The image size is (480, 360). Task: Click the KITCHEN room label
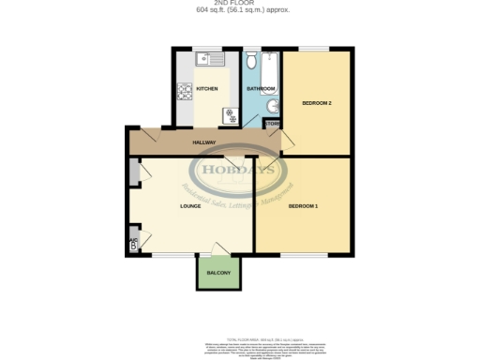(x=206, y=89)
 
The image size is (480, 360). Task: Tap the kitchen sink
(x=207, y=59)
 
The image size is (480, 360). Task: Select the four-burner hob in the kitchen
(x=186, y=92)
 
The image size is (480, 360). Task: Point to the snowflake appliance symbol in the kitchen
(x=229, y=115)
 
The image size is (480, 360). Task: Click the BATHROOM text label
(x=260, y=89)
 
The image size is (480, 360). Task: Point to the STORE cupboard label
(x=272, y=124)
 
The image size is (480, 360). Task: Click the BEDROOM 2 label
(x=317, y=102)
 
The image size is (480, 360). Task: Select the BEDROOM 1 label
(x=303, y=205)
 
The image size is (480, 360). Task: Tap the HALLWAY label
(x=204, y=142)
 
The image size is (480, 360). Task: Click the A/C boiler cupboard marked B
(x=133, y=244)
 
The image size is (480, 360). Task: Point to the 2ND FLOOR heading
(x=240, y=4)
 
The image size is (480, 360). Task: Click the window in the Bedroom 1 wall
(x=303, y=254)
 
